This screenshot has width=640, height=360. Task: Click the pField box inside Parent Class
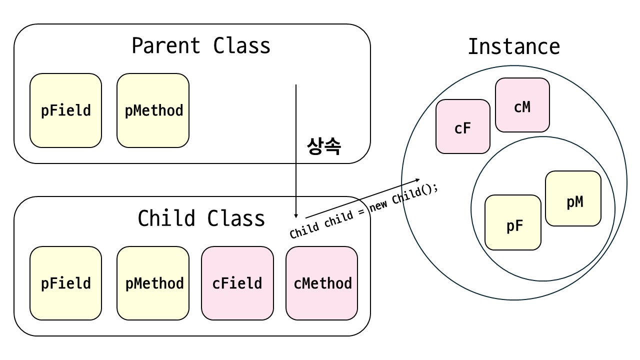pyautogui.click(x=65, y=110)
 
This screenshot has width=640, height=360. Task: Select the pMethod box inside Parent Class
pyautogui.click(x=153, y=110)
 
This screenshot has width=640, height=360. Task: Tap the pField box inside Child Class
pyautogui.click(x=65, y=283)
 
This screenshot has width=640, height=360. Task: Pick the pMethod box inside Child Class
pyautogui.click(x=153, y=283)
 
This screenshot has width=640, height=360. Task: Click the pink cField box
pyautogui.click(x=237, y=283)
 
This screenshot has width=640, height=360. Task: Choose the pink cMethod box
pyautogui.click(x=321, y=283)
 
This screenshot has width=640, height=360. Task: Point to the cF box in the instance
pyautogui.click(x=463, y=126)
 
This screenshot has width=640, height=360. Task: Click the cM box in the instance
pyautogui.click(x=522, y=105)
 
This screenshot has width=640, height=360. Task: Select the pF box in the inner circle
pyautogui.click(x=513, y=222)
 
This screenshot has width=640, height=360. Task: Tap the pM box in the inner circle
pyautogui.click(x=573, y=198)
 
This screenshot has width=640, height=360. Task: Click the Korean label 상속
pyautogui.click(x=323, y=146)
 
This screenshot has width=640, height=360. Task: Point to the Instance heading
pyautogui.click(x=514, y=46)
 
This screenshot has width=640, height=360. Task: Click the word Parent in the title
pyautogui.click(x=166, y=45)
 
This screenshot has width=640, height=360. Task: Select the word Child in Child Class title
pyautogui.click(x=166, y=218)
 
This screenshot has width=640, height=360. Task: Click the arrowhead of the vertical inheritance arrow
pyautogui.click(x=296, y=216)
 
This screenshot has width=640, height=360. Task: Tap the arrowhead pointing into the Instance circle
pyautogui.click(x=417, y=180)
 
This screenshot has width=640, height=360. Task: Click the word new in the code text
pyautogui.click(x=379, y=205)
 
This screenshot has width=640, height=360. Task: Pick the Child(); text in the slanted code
pyautogui.click(x=415, y=193)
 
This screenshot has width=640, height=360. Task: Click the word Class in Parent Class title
pyautogui.click(x=241, y=45)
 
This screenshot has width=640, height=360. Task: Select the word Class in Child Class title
pyautogui.click(x=236, y=218)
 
